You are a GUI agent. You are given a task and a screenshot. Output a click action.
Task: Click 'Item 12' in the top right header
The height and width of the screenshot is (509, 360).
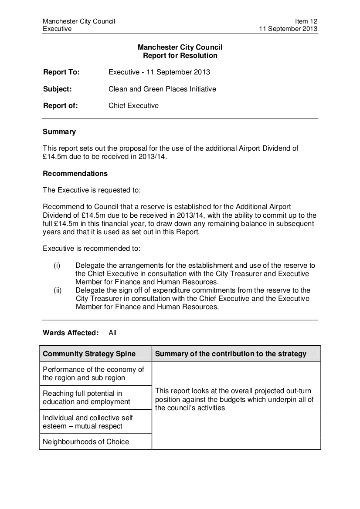(x=306, y=21)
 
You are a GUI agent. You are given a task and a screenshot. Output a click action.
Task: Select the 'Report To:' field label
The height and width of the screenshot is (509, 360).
(x=61, y=72)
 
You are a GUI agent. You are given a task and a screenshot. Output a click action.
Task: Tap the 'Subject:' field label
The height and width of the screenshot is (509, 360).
(x=57, y=89)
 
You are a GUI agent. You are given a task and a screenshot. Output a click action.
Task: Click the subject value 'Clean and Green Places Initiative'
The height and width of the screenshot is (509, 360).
(x=162, y=89)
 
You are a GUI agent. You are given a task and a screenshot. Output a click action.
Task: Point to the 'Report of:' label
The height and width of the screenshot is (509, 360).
(x=60, y=105)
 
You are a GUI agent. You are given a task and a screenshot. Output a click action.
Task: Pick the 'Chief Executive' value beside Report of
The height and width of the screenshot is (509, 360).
(x=133, y=105)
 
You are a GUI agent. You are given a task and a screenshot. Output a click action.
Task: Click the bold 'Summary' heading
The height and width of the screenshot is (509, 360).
(x=59, y=131)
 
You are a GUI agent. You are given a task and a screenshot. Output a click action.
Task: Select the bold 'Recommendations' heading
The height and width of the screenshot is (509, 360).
(x=75, y=173)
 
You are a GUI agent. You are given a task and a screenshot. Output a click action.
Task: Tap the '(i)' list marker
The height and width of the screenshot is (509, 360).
(x=57, y=265)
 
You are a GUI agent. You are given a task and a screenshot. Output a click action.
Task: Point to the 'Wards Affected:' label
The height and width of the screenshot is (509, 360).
(x=71, y=333)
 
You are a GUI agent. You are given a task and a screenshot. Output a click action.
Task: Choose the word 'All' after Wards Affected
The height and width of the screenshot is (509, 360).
(x=112, y=333)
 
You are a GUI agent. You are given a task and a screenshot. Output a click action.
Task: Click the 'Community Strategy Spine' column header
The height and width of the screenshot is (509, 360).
(x=89, y=354)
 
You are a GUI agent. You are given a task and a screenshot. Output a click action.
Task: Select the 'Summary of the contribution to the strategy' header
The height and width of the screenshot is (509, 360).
(x=231, y=354)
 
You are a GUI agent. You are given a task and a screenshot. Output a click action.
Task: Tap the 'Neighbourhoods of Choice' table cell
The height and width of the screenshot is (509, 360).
(x=86, y=442)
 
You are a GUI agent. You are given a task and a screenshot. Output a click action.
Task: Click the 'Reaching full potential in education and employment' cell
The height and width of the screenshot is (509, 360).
(x=86, y=398)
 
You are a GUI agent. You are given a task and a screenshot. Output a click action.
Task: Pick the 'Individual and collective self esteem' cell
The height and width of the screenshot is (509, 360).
(x=88, y=422)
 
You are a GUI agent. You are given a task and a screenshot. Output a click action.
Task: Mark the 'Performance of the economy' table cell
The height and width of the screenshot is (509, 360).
(x=93, y=374)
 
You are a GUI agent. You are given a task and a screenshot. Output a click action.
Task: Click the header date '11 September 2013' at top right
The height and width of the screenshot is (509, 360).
(x=288, y=29)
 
